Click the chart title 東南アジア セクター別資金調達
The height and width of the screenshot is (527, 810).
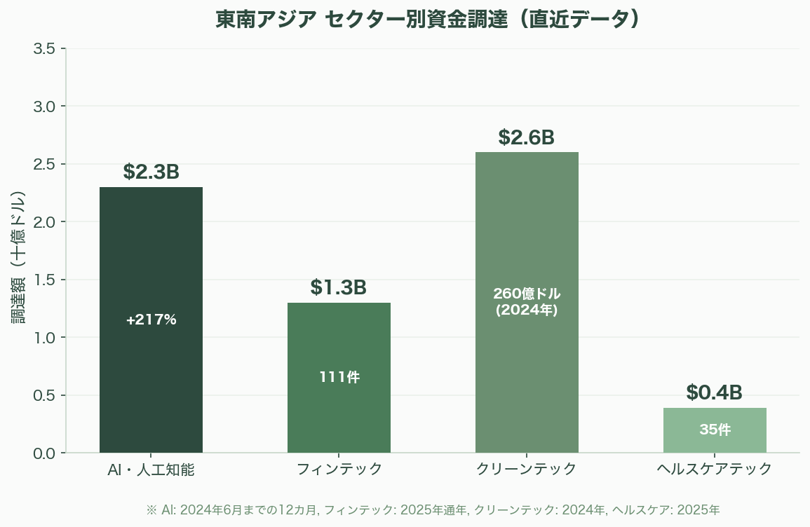pyautogui.click(x=428, y=20)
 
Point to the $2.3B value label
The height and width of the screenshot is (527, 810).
pyautogui.click(x=151, y=172)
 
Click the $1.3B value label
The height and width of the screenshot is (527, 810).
pyautogui.click(x=339, y=287)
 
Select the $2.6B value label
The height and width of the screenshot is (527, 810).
pyautogui.click(x=527, y=137)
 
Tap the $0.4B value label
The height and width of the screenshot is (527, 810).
pyautogui.click(x=714, y=392)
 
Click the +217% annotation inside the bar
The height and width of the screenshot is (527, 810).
pyautogui.click(x=151, y=320)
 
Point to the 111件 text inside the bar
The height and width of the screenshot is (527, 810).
pyautogui.click(x=339, y=377)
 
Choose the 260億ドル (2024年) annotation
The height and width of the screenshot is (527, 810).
pyautogui.click(x=527, y=301)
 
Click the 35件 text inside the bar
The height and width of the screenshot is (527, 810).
pyautogui.click(x=715, y=430)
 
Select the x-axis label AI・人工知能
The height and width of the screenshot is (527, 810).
pyautogui.click(x=151, y=470)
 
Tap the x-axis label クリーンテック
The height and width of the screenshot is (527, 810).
pyautogui.click(x=527, y=470)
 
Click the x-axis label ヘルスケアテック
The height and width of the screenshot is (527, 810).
pyautogui.click(x=715, y=470)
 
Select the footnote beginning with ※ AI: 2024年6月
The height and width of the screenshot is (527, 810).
pyautogui.click(x=433, y=509)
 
